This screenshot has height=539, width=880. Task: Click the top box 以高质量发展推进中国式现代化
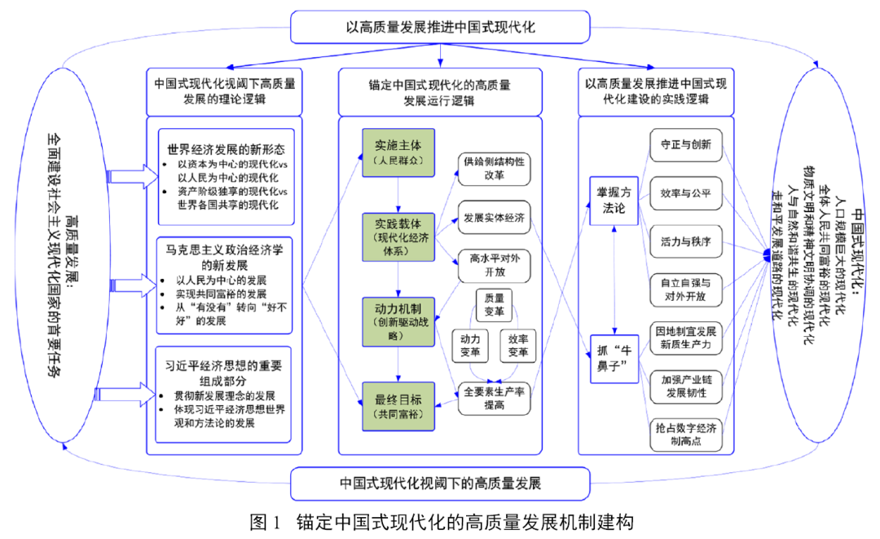[440, 27]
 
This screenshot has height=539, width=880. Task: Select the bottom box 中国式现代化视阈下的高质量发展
[440, 483]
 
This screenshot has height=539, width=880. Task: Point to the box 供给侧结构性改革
[494, 168]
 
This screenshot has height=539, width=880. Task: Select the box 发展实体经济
[494, 219]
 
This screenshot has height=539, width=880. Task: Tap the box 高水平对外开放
[494, 265]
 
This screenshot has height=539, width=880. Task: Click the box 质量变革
[494, 306]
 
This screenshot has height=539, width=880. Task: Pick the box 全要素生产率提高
[494, 399]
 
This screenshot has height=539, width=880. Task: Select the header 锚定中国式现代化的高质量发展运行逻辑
[440, 92]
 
